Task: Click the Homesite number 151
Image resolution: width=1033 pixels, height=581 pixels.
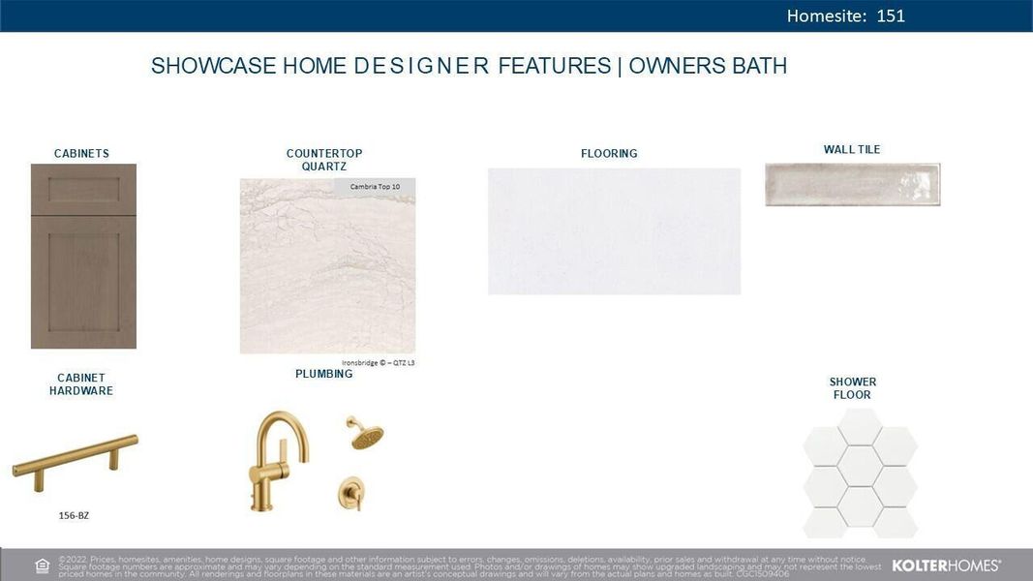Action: click(x=890, y=15)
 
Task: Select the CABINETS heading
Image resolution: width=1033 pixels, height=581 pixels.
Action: click(x=81, y=153)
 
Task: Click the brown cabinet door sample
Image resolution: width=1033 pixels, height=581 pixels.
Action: click(x=83, y=256)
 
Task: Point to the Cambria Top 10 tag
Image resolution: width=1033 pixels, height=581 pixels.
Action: click(x=375, y=186)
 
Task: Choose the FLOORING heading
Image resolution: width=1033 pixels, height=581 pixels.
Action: click(x=609, y=153)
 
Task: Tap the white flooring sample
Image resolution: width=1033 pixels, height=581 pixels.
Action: click(x=614, y=230)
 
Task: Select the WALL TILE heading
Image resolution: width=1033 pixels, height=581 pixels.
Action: click(x=852, y=149)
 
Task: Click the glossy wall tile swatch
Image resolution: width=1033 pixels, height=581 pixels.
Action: click(x=852, y=184)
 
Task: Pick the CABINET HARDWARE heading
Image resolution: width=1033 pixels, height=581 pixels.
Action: click(x=81, y=384)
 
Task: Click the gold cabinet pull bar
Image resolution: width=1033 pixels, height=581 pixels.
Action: click(x=75, y=456)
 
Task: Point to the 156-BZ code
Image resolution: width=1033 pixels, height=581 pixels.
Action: click(x=74, y=515)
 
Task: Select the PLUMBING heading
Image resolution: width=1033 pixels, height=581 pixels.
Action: click(x=323, y=374)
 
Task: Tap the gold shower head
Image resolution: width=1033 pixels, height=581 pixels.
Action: click(x=365, y=434)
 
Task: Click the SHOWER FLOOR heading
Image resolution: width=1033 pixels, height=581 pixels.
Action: click(x=852, y=388)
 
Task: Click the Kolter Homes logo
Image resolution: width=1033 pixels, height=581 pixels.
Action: click(x=945, y=565)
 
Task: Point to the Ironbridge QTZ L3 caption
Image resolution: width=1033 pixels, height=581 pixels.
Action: click(x=379, y=363)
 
